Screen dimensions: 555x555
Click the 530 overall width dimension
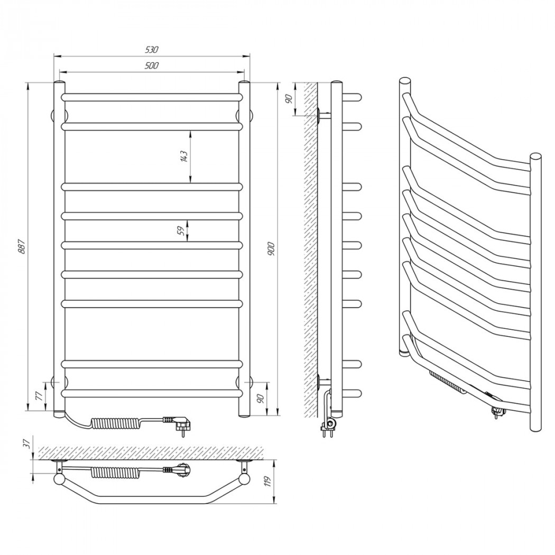pyautogui.click(x=152, y=50)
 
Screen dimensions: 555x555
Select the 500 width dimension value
pyautogui.click(x=152, y=66)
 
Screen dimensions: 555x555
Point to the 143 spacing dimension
pyautogui.click(x=183, y=157)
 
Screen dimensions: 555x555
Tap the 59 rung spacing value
pyautogui.click(x=181, y=230)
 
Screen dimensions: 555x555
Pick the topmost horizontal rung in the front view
pyautogui.click(x=152, y=97)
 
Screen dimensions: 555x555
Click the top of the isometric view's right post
pyautogui.click(x=535, y=157)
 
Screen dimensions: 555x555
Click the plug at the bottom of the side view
pyautogui.click(x=328, y=427)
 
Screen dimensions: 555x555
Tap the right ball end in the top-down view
pyautogui.click(x=244, y=479)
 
